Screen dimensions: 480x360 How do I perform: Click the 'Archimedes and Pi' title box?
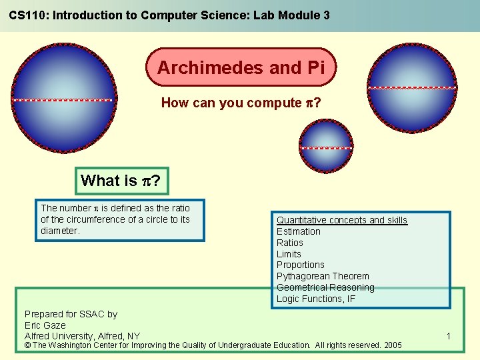click(241, 67)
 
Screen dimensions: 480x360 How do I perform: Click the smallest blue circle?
click(326, 147)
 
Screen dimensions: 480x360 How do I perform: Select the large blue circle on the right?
click(413, 87)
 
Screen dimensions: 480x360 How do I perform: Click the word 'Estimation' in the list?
click(299, 231)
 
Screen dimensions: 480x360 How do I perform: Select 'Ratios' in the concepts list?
click(290, 243)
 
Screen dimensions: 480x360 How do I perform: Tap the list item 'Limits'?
click(289, 254)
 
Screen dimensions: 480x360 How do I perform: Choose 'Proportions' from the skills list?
click(301, 265)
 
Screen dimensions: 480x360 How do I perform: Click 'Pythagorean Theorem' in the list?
click(323, 276)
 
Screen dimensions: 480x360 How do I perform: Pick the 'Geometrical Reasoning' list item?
click(325, 287)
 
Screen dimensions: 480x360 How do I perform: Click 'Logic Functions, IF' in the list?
click(316, 299)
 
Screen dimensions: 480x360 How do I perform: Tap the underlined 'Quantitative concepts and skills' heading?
click(342, 220)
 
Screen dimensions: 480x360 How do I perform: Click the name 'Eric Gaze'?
click(45, 325)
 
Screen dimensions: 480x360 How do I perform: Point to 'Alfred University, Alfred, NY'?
click(82, 335)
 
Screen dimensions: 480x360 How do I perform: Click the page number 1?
click(449, 337)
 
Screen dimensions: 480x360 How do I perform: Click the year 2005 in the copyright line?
click(393, 345)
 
